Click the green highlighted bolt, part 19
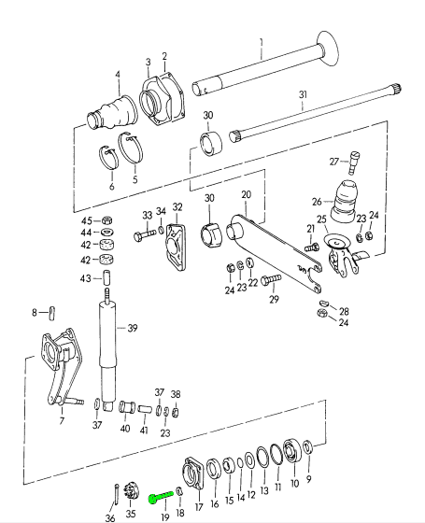point(161,496)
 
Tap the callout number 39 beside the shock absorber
point(133,328)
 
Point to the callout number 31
point(303,94)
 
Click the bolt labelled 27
point(354,163)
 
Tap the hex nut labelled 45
point(106,220)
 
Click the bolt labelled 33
point(144,234)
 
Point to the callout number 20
point(246,194)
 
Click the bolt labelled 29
point(270,280)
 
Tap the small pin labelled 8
point(52,313)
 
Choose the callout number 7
point(62,421)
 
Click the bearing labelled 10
point(292,451)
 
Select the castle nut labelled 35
point(130,491)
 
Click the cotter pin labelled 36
point(117,494)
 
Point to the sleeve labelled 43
point(106,277)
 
